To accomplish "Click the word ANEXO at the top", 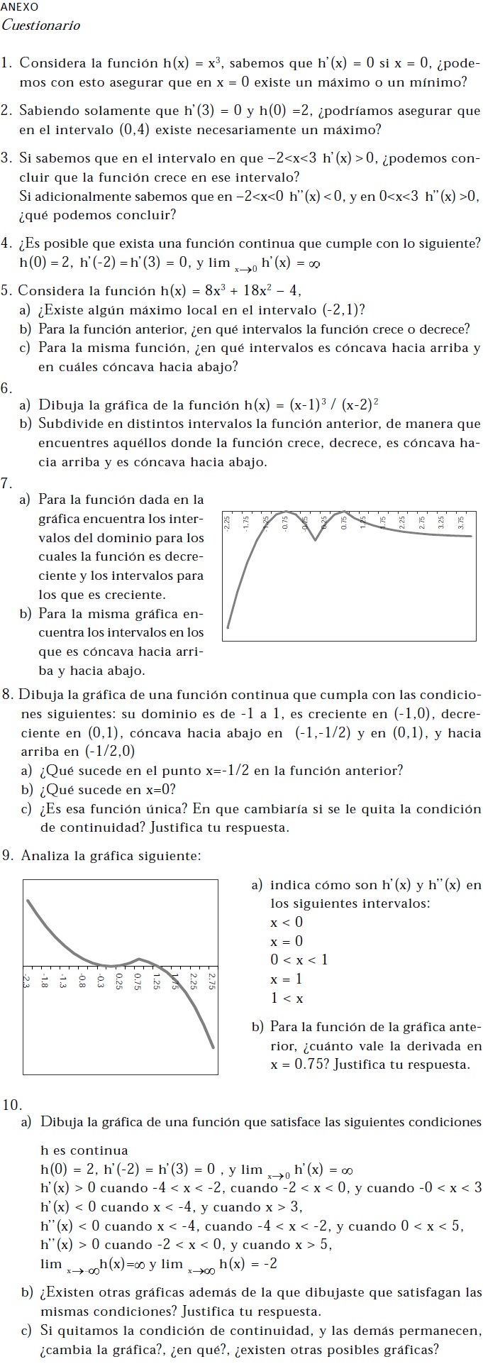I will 20,6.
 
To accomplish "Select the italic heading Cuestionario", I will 41,26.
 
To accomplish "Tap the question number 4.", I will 6,243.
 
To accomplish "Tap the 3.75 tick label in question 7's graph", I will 462,523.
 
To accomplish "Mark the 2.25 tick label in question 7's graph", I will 403,523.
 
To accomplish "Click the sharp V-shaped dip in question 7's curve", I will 316,540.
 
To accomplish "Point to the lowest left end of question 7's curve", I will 228,627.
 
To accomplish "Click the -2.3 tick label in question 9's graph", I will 26,981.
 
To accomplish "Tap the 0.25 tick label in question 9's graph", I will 119,981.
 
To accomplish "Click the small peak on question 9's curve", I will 139,959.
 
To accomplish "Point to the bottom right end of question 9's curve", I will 213,1046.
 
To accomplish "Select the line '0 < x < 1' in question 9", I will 299,960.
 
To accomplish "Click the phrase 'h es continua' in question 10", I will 84,1150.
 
